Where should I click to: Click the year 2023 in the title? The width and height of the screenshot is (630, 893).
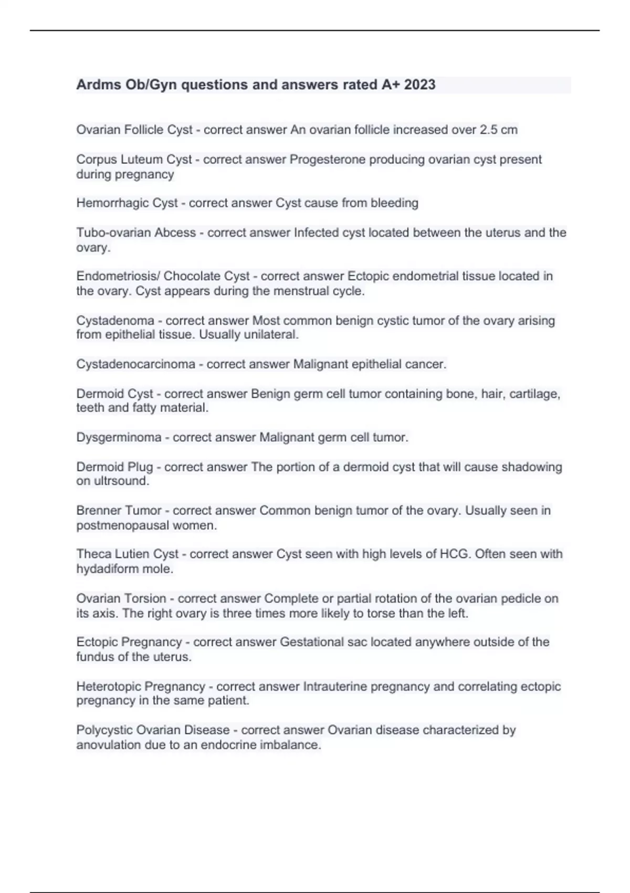tap(419, 85)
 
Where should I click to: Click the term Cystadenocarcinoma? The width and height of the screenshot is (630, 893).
tap(135, 364)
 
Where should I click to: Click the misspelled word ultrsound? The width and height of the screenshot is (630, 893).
tap(120, 481)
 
